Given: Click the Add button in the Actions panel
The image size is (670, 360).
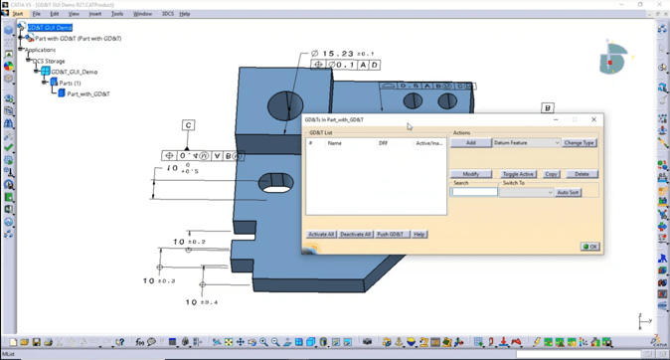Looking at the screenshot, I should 470,143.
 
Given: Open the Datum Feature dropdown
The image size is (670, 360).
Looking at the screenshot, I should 526,143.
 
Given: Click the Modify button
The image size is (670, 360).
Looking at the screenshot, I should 470,174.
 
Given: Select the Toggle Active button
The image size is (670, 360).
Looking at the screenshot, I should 517,174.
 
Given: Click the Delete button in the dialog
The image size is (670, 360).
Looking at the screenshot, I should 582,174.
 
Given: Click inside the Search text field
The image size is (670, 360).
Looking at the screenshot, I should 474,192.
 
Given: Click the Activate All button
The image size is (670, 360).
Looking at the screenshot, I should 321,235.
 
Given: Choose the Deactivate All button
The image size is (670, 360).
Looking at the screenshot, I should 356,235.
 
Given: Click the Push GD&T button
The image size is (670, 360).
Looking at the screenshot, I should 391,235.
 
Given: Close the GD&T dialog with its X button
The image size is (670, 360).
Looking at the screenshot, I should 594,119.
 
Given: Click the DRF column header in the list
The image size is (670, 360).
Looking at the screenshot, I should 384,143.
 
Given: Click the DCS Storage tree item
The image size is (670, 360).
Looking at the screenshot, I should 49,61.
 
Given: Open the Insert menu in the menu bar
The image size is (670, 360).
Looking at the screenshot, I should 95,14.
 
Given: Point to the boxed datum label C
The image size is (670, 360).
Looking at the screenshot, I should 188,125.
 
